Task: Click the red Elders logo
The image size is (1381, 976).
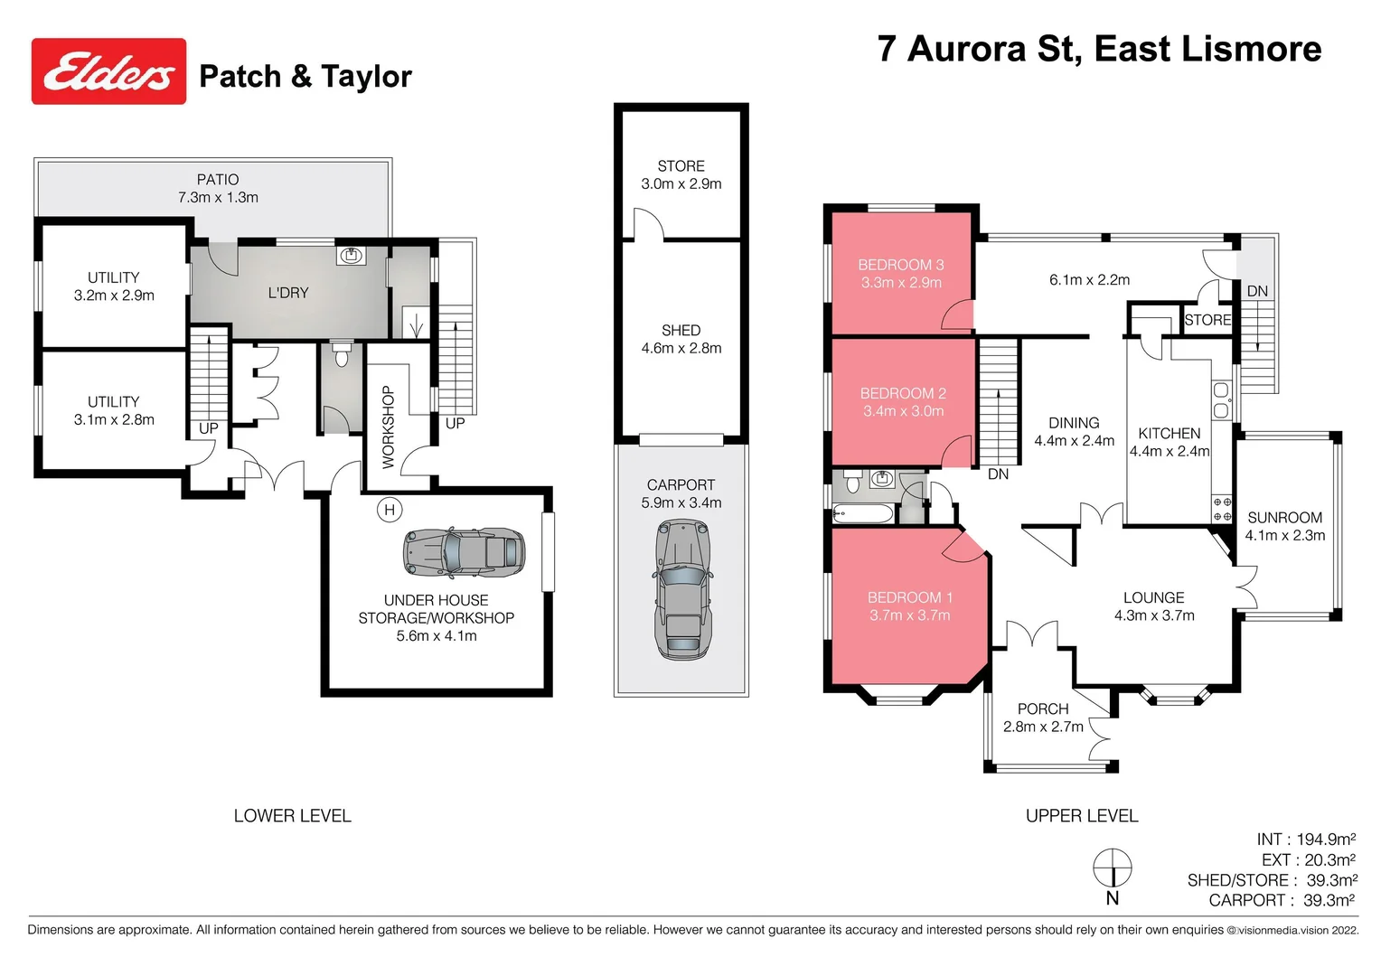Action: coord(108,71)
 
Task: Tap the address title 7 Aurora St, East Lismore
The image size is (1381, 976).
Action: coord(1098,49)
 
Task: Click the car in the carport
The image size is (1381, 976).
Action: coord(681,588)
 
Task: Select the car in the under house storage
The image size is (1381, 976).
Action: coord(464,553)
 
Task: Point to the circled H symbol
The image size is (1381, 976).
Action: coord(389,510)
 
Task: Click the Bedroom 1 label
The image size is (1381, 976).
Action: coord(909,597)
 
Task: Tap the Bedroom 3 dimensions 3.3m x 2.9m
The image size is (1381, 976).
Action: coord(900,283)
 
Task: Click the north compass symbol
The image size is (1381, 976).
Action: coord(1112,869)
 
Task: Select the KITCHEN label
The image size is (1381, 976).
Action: coord(1169,434)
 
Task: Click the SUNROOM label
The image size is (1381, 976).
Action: coord(1284,518)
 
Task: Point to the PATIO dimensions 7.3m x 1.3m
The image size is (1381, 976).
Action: coord(218,197)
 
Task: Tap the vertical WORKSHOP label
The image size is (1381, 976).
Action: coord(389,427)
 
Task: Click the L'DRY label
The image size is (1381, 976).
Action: coord(288,293)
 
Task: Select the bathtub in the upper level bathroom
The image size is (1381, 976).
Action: coord(862,515)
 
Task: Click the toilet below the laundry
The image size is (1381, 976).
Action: coord(341,355)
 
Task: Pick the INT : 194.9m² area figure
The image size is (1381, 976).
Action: coord(1305,840)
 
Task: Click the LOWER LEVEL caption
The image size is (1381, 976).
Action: coord(292,816)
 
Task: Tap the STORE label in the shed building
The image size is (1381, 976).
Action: coord(681,166)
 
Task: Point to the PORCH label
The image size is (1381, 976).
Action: coord(1042,709)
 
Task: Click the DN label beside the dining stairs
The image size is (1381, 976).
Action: coord(998,474)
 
